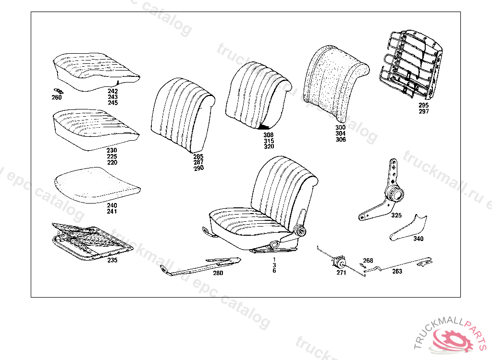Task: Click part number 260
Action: pyautogui.click(x=57, y=98)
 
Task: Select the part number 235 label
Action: pyautogui.click(x=112, y=261)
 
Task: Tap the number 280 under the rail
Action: pyautogui.click(x=218, y=273)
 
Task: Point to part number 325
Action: pyautogui.click(x=396, y=216)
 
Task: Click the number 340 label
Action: pyautogui.click(x=418, y=239)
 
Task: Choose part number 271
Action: pyautogui.click(x=341, y=273)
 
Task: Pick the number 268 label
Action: pyautogui.click(x=368, y=261)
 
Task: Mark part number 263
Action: pyautogui.click(x=397, y=271)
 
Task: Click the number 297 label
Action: pyautogui.click(x=423, y=111)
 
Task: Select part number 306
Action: pyautogui.click(x=341, y=140)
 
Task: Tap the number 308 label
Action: pyautogui.click(x=269, y=135)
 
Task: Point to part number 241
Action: pyautogui.click(x=112, y=211)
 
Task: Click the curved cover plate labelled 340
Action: pyautogui.click(x=409, y=228)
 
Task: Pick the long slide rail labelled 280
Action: pyautogui.click(x=202, y=267)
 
